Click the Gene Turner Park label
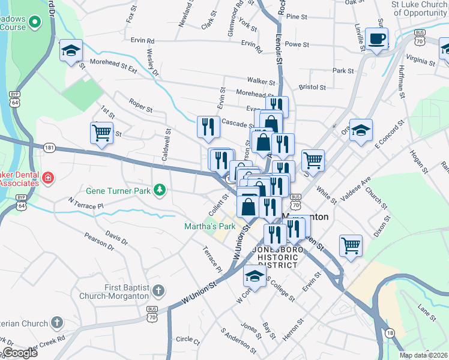(x=118, y=191)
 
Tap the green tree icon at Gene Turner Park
(x=159, y=190)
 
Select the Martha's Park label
(x=209, y=226)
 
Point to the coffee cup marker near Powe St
(x=376, y=39)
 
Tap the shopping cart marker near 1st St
(x=101, y=133)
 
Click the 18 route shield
(x=390, y=333)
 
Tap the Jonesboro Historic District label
(x=277, y=257)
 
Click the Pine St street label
(x=297, y=17)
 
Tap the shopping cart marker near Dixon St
(x=351, y=245)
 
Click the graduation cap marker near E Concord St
(x=361, y=130)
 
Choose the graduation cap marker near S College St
(x=255, y=277)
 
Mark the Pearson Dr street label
(x=99, y=241)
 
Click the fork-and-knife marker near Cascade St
(x=208, y=127)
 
